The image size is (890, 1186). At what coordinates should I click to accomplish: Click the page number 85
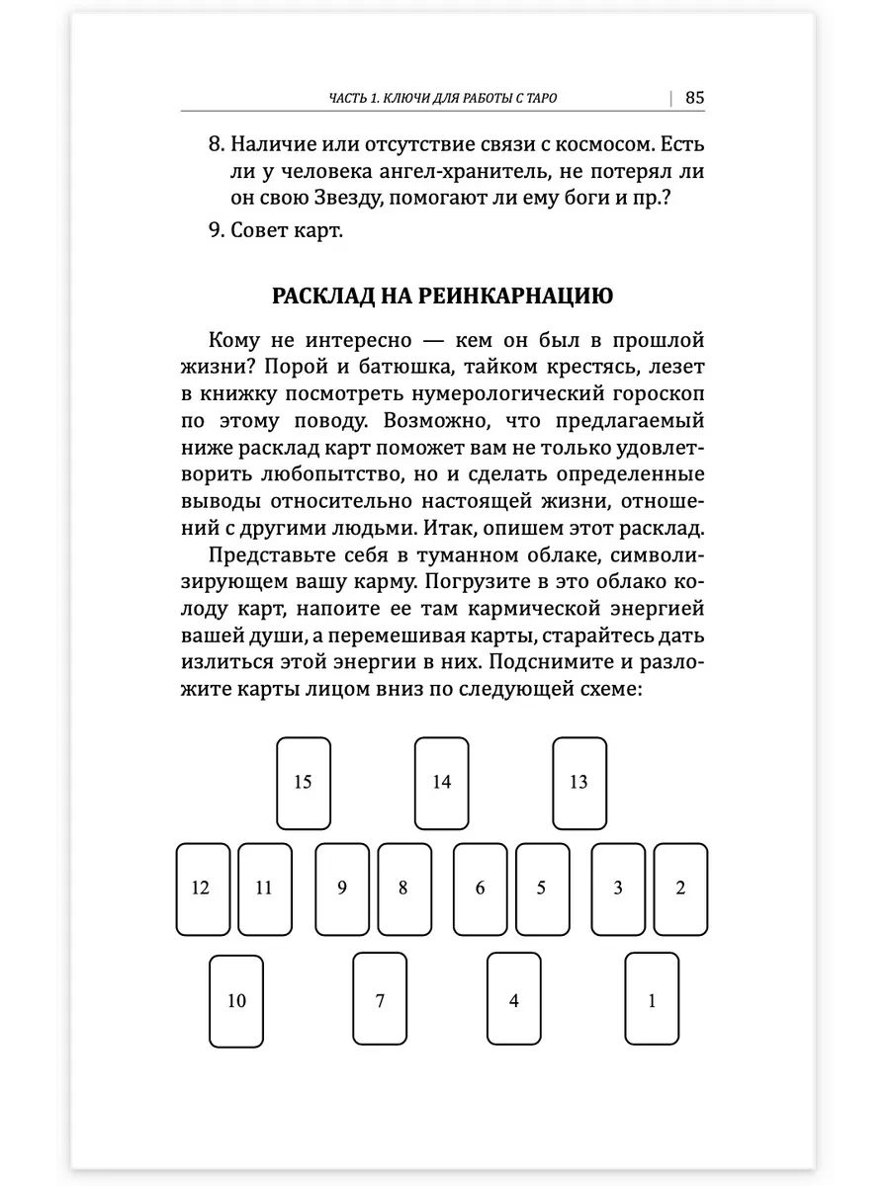coord(694,97)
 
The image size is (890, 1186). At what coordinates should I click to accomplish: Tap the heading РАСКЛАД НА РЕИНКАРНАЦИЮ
coord(442,296)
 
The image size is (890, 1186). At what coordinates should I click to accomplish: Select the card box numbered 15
coord(303,783)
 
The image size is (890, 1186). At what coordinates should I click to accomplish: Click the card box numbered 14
coord(441,783)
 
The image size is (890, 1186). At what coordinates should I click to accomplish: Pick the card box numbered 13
coord(578,783)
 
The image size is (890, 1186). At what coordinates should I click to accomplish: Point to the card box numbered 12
coord(202,889)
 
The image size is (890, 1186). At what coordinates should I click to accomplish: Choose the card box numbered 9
coord(342,889)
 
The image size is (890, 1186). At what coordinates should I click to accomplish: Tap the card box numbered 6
coord(481,889)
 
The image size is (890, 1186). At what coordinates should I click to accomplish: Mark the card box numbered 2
coord(680,889)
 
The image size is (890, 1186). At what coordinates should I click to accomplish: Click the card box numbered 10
coord(236,1001)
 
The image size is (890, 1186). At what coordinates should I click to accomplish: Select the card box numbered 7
coord(380,1001)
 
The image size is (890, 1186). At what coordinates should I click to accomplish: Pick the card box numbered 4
coord(514,1001)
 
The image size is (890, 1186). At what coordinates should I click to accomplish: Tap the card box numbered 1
coord(652,1001)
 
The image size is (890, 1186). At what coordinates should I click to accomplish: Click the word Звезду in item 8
coord(344,197)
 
